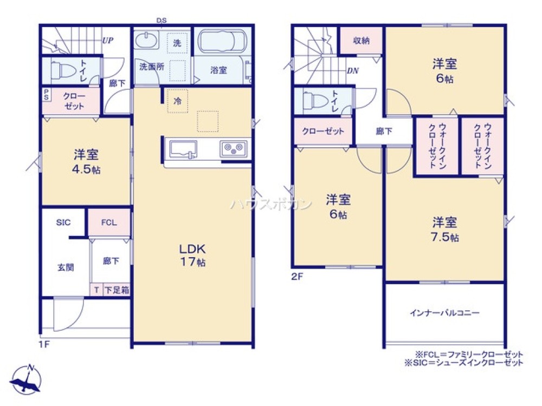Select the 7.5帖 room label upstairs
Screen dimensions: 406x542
444,229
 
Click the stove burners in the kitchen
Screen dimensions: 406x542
234,147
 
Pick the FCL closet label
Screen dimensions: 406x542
109,222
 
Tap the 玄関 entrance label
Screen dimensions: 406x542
66,267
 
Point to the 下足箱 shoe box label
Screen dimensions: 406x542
116,290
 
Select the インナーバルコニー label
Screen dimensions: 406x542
444,313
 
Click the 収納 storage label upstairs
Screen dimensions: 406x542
362,41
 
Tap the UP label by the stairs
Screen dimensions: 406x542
107,40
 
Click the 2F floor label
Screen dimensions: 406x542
297,277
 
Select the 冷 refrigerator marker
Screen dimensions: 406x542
177,100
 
